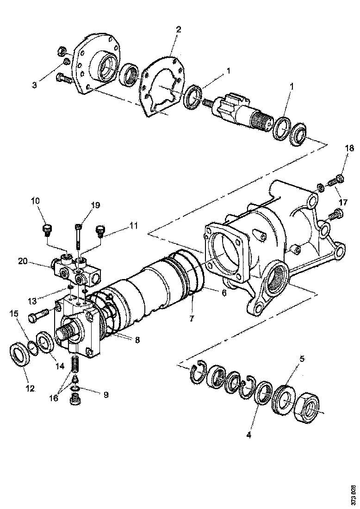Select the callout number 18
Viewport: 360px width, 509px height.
(349, 148)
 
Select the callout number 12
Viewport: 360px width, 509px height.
(30, 389)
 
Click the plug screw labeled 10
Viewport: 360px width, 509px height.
(46, 229)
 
